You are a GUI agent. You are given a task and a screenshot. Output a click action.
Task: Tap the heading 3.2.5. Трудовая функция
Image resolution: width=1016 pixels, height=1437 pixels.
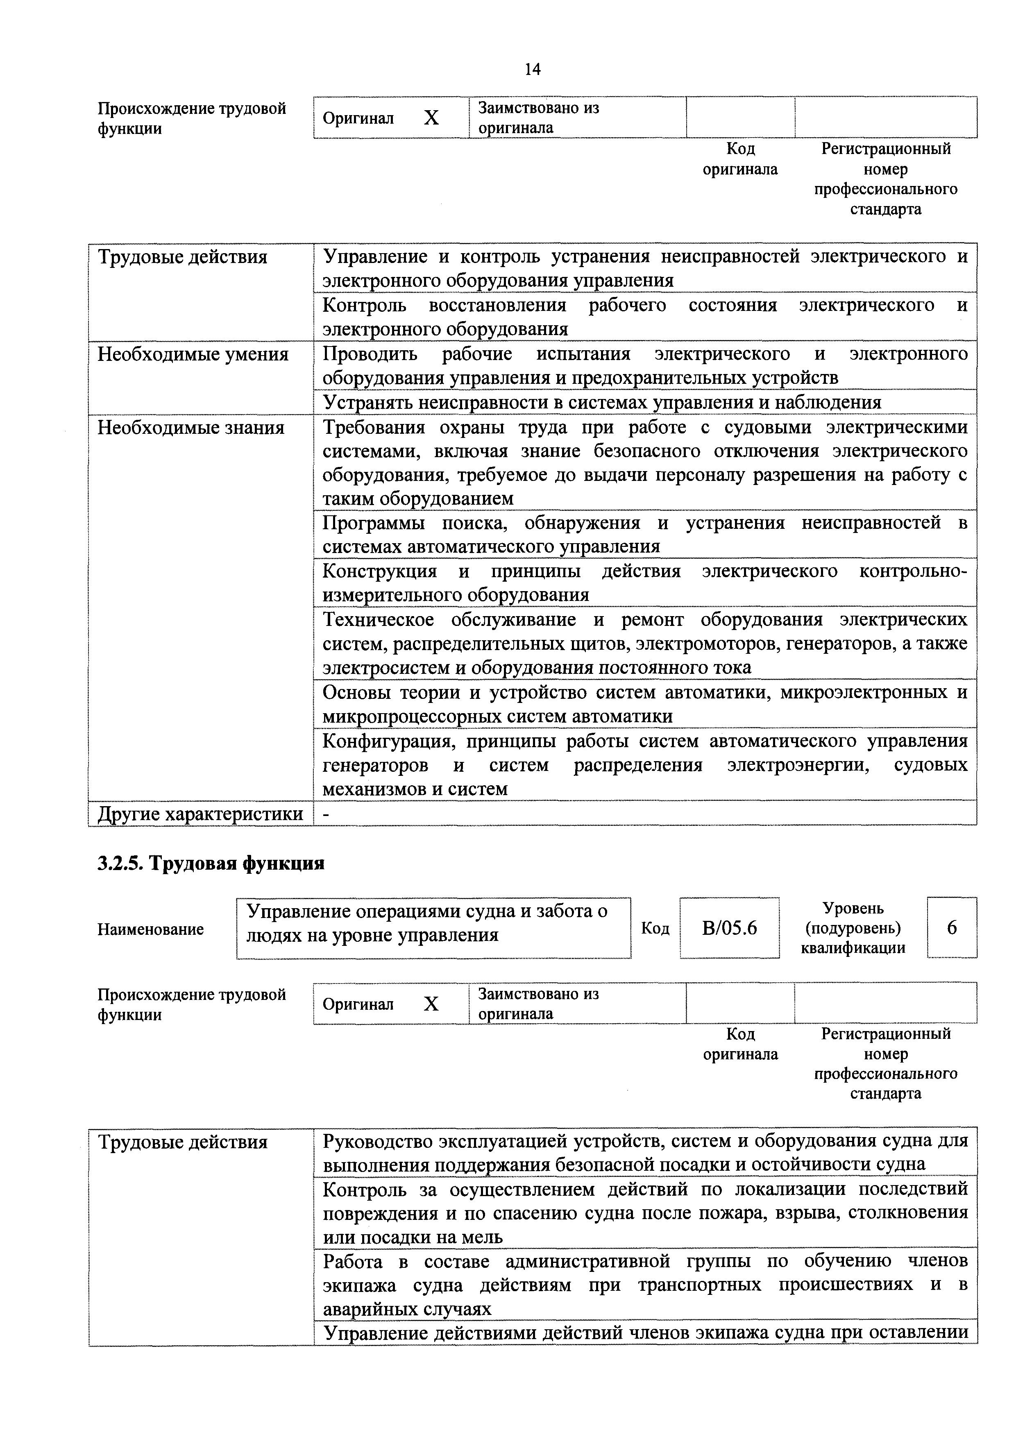coord(211,864)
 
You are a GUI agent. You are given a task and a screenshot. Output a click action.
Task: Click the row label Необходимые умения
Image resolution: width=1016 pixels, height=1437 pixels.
coord(193,354)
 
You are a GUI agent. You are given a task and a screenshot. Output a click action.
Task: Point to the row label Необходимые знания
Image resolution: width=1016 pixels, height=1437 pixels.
coord(191,428)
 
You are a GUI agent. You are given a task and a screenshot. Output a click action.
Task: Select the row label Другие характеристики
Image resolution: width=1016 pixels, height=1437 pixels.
coord(200,814)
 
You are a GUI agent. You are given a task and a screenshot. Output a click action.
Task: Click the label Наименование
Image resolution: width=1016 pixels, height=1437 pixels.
coord(150,929)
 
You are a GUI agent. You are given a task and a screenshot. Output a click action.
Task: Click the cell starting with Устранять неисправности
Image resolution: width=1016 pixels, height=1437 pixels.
coord(601,402)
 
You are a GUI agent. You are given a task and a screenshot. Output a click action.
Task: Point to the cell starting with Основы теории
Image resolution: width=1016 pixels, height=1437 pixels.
coord(645,704)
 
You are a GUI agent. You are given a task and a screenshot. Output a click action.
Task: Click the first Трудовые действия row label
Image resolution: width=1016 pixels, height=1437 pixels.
coord(182,257)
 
